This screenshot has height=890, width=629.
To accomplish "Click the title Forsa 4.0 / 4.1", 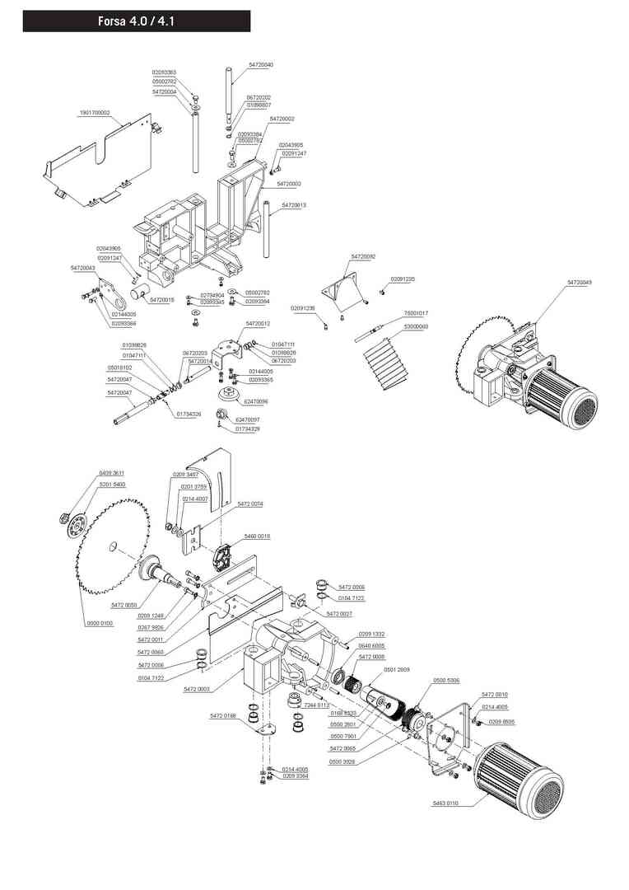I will (x=136, y=21).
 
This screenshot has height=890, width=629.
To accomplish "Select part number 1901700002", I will (x=95, y=112).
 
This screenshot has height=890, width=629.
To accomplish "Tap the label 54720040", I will (x=261, y=64).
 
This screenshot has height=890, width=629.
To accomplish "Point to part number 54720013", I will (x=294, y=204).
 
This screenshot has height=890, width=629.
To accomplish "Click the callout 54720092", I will (x=363, y=257).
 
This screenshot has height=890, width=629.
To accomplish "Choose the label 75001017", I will (x=416, y=314).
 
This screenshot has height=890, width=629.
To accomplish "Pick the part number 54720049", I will (x=579, y=283).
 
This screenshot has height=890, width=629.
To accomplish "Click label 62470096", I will (x=256, y=401).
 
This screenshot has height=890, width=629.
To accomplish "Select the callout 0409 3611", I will (x=112, y=473).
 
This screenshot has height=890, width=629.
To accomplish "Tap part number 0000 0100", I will (x=100, y=624).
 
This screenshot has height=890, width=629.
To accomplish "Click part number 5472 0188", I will (x=223, y=715).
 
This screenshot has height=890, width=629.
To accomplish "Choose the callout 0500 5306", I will (x=447, y=681).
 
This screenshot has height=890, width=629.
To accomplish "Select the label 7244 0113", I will (x=316, y=706).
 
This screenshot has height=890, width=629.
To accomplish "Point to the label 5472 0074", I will (x=249, y=504).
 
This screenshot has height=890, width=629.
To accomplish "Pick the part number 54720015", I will (x=162, y=300).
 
